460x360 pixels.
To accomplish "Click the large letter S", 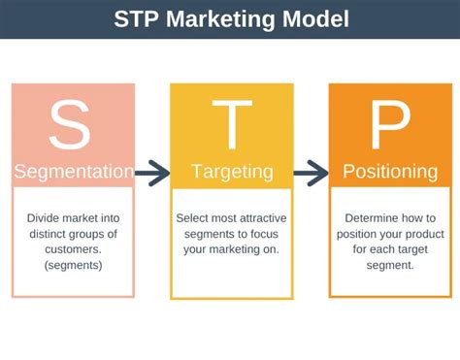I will click(x=73, y=124).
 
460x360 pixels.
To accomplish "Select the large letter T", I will click(x=230, y=124).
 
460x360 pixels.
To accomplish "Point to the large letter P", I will click(x=389, y=124).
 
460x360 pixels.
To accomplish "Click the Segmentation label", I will click(x=73, y=173).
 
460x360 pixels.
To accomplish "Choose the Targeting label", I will click(x=230, y=173).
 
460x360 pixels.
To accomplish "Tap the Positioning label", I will click(x=389, y=173).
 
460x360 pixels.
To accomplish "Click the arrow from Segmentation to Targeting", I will click(x=151, y=174).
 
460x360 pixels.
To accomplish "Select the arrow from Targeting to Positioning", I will click(x=311, y=174).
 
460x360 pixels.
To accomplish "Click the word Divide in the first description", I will click(x=43, y=218).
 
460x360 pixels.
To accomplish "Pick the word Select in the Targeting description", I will click(x=194, y=218).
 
